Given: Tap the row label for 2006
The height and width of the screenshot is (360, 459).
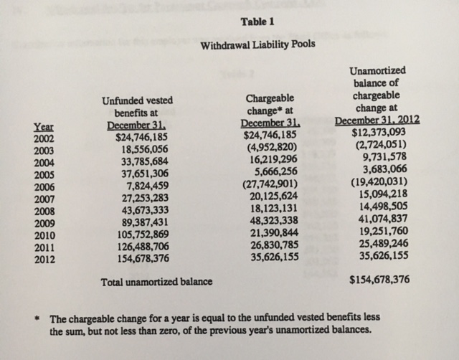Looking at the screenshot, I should (44, 187).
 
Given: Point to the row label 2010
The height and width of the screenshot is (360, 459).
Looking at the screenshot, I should (44, 235).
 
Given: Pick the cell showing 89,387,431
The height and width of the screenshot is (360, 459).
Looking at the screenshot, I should (142, 223).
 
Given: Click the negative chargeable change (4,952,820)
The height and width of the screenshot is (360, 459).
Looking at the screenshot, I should (269, 151).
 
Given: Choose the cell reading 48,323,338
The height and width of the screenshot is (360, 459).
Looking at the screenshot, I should (270, 223).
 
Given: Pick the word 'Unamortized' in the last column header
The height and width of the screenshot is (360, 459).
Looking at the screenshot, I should (378, 71).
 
